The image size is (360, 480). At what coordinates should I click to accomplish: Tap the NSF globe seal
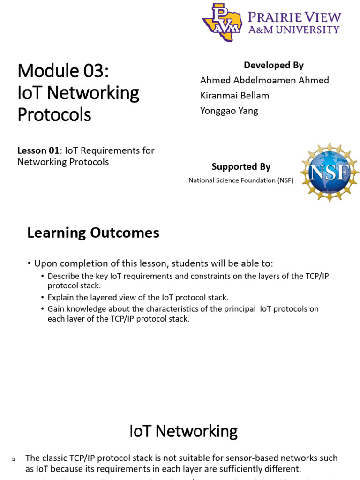pyautogui.click(x=330, y=172)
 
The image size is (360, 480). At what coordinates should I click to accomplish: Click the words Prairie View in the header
pyautogui.click(x=294, y=17)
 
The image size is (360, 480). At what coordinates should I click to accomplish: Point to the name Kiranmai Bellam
pyautogui.click(x=234, y=96)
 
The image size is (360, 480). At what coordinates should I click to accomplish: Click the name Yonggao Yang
pyautogui.click(x=229, y=111)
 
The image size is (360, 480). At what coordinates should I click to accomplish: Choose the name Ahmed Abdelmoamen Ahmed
pyautogui.click(x=264, y=80)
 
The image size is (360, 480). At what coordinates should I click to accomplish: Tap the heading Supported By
pyautogui.click(x=241, y=166)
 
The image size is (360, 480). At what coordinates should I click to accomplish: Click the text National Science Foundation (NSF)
pyautogui.click(x=241, y=180)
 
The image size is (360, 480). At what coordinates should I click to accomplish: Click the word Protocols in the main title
pyautogui.click(x=54, y=114)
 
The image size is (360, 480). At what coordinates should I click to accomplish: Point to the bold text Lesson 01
pyautogui.click(x=38, y=151)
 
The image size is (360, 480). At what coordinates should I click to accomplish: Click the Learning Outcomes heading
pyautogui.click(x=93, y=233)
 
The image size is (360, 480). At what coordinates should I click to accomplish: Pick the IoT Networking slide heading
pyautogui.click(x=183, y=431)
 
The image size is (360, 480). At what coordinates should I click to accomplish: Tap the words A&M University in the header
pyautogui.click(x=294, y=30)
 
